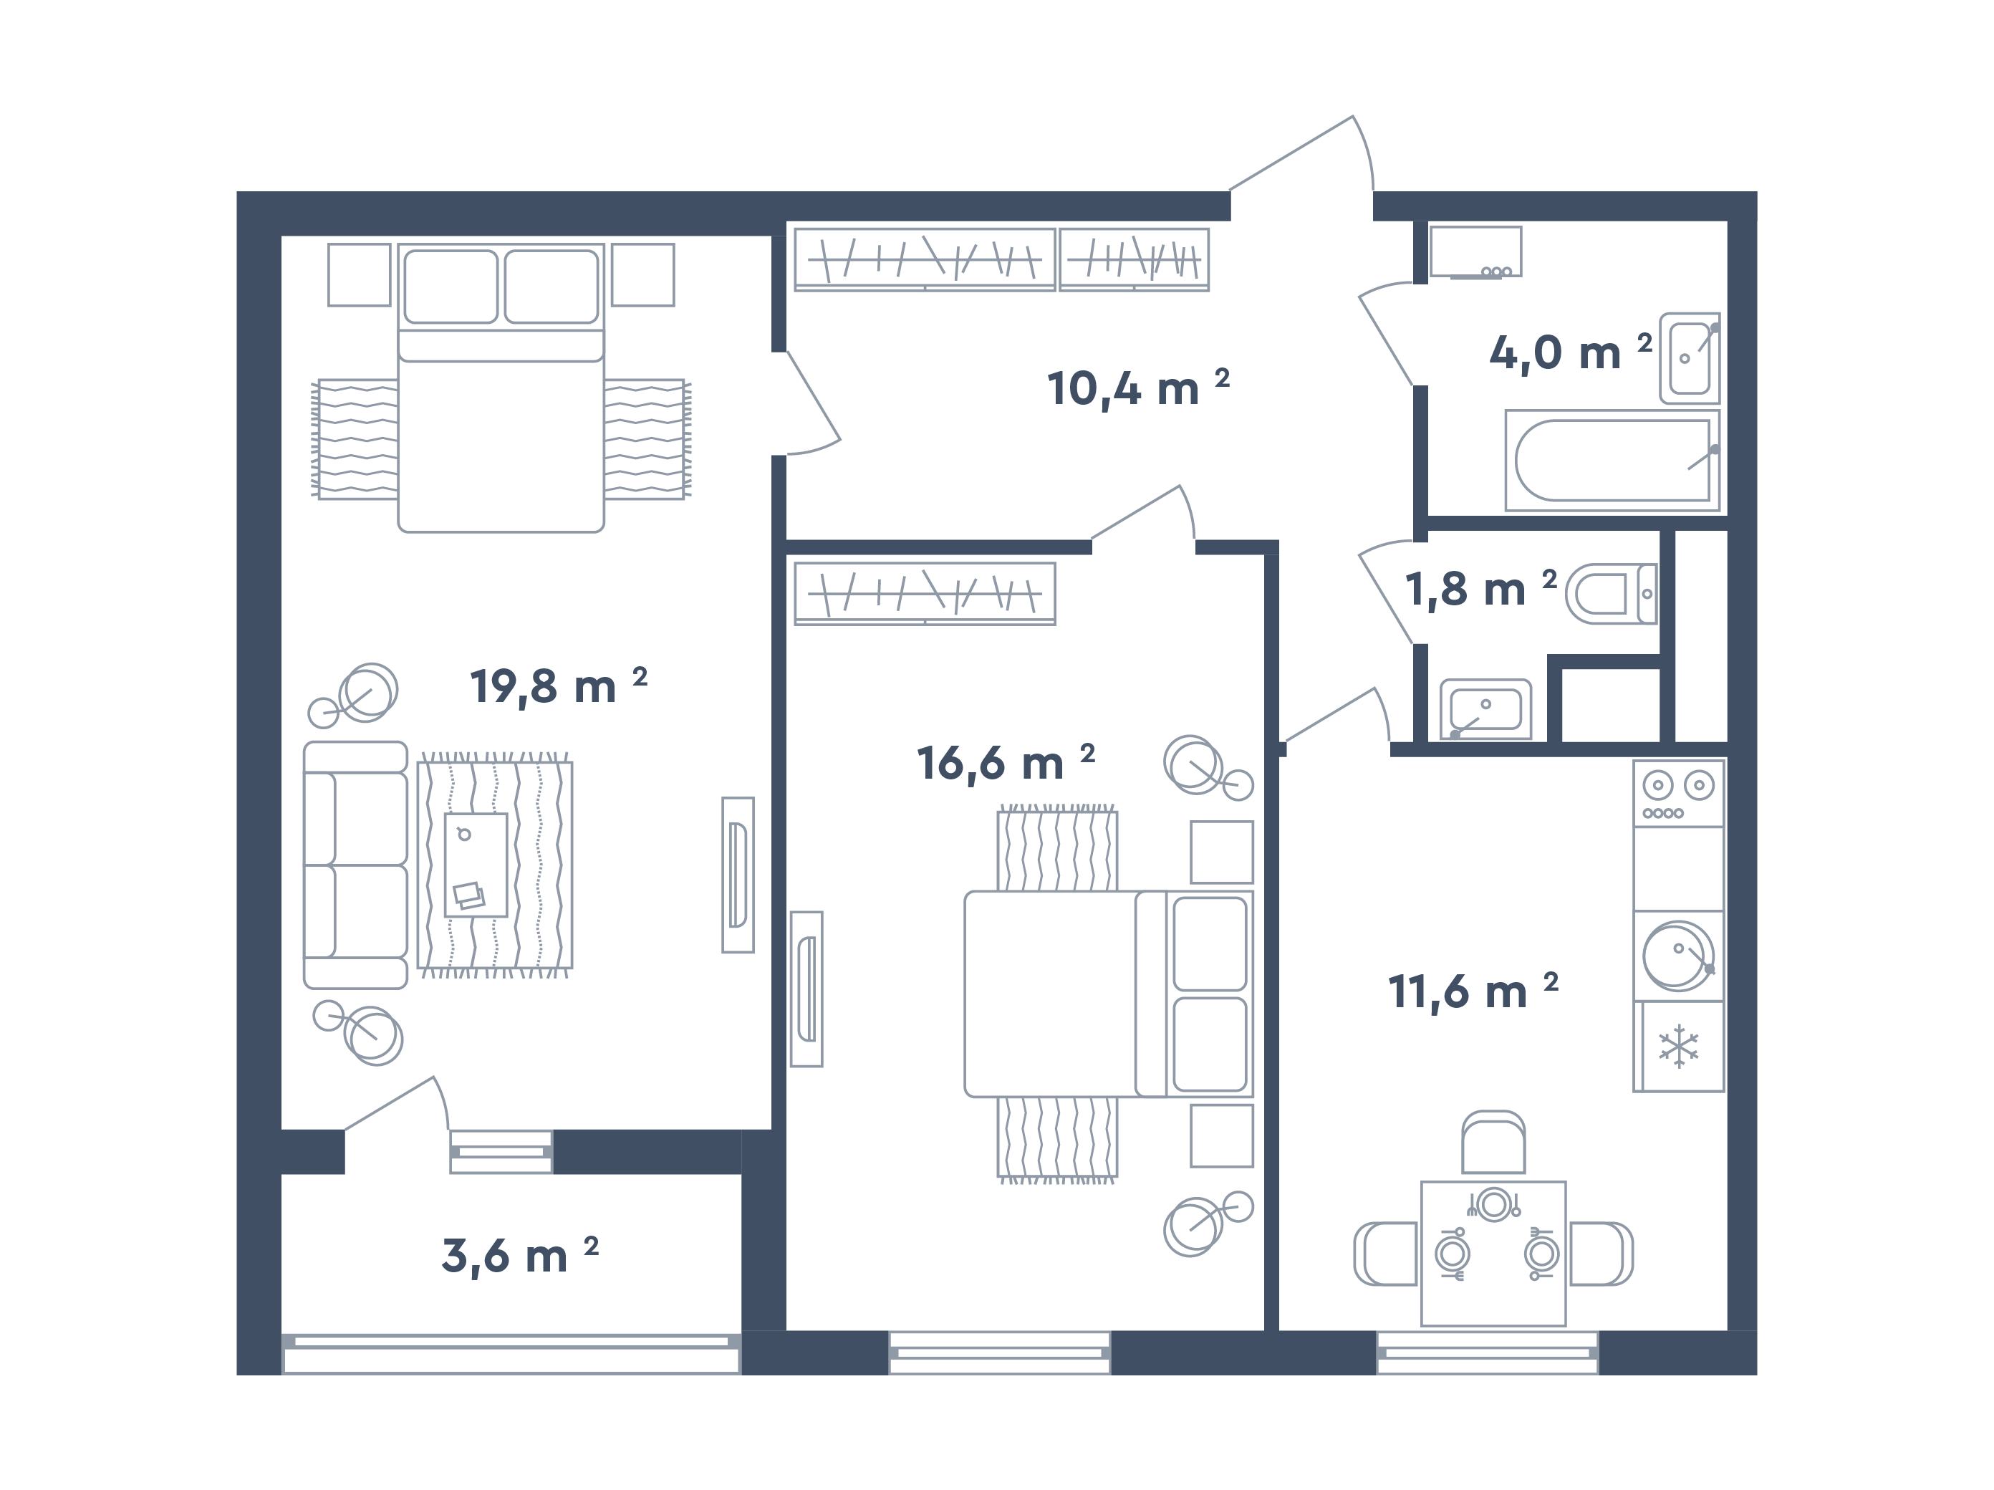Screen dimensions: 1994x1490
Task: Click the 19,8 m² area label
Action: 559,687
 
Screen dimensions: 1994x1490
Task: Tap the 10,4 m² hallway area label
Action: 1137,388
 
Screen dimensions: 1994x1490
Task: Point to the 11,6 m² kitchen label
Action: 1473,991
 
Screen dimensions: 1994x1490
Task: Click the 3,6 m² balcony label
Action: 520,1256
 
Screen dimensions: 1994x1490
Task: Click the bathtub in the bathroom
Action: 1612,461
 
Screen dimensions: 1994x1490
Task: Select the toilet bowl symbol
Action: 1611,594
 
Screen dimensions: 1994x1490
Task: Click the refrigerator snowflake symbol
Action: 1678,1047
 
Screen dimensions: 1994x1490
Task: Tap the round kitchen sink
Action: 1677,956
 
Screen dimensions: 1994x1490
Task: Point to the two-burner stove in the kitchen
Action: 1678,793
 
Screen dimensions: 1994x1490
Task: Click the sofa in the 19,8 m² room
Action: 355,865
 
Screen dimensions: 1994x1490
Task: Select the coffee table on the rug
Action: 476,865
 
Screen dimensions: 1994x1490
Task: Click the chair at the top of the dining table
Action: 1493,1142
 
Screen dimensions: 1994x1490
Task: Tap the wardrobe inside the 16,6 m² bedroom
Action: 925,594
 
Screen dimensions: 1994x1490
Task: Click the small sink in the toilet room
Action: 1485,709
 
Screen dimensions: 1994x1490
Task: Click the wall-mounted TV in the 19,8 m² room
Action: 738,875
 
